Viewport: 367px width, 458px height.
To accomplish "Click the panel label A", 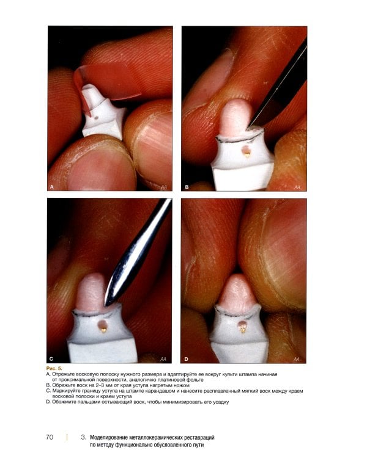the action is click(52, 187).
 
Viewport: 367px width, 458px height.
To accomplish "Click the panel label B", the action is click(187, 187).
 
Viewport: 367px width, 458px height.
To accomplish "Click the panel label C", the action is click(51, 359).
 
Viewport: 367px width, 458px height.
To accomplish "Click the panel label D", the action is click(186, 359).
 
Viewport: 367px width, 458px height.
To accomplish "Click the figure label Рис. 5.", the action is click(54, 369).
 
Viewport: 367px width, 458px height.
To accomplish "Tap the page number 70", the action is click(50, 437).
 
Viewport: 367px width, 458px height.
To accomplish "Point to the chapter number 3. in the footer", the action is click(83, 437).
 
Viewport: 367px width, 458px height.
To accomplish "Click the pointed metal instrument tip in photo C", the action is click(106, 305).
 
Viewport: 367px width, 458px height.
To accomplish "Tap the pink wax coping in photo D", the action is click(237, 292).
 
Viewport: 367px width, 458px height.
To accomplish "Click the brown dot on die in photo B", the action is click(247, 150).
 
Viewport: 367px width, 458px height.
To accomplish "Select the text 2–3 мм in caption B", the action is click(103, 385).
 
